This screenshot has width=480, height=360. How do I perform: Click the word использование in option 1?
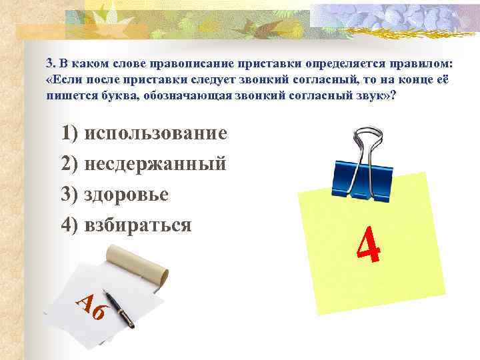157,133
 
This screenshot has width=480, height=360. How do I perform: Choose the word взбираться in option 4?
139,225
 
